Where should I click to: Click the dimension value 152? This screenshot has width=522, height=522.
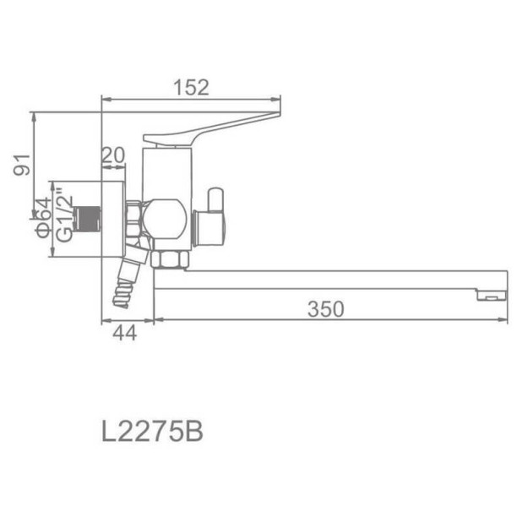pyautogui.click(x=191, y=86)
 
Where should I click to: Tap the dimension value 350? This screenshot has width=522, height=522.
pyautogui.click(x=325, y=310)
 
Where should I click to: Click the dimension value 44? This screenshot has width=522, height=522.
pyautogui.click(x=124, y=333)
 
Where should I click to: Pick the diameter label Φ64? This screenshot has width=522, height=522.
pyautogui.click(x=41, y=218)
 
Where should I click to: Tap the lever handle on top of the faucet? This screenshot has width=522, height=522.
pyautogui.click(x=211, y=128)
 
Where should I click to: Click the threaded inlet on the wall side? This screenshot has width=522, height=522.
pyautogui.click(x=87, y=218)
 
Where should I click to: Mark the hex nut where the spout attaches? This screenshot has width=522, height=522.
pyautogui.click(x=169, y=257)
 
